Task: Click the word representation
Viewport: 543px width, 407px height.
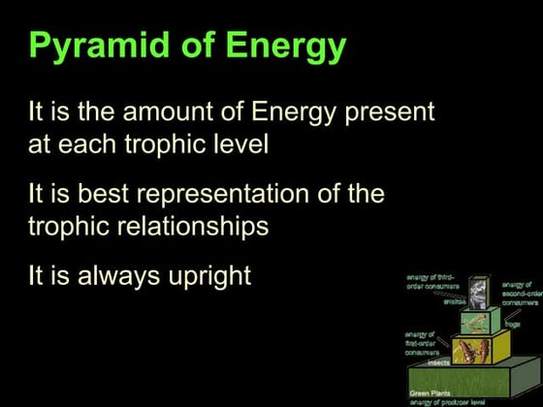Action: click(225, 194)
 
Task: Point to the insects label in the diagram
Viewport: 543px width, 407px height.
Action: click(438, 361)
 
